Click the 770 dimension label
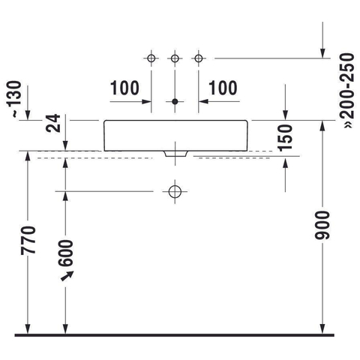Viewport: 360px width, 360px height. tap(28, 240)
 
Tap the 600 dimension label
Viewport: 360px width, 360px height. tap(66, 253)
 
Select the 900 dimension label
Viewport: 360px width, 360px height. tap(322, 225)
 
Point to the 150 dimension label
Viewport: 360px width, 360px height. tap(285, 138)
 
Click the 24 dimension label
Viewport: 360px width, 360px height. tap(53, 123)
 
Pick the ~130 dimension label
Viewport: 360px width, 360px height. tap(13, 99)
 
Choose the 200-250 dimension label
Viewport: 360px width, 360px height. tap(347, 90)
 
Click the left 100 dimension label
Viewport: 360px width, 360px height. tap(124, 88)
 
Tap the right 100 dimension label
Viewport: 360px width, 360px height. tap(223, 88)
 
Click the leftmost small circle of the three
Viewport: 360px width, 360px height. tap(151, 58)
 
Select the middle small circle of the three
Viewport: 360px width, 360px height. tap(175, 58)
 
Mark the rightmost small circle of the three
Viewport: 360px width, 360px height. tap(199, 58)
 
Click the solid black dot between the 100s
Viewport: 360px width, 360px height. tap(175, 101)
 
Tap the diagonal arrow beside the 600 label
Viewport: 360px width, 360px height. tap(67, 276)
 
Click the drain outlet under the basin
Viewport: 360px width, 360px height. tap(175, 154)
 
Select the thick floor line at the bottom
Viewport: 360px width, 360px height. tap(174, 335)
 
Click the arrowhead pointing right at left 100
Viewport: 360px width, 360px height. tap(146, 101)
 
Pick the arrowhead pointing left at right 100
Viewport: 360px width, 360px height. tap(203, 101)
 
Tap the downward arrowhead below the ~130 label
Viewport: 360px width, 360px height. tap(28, 115)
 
